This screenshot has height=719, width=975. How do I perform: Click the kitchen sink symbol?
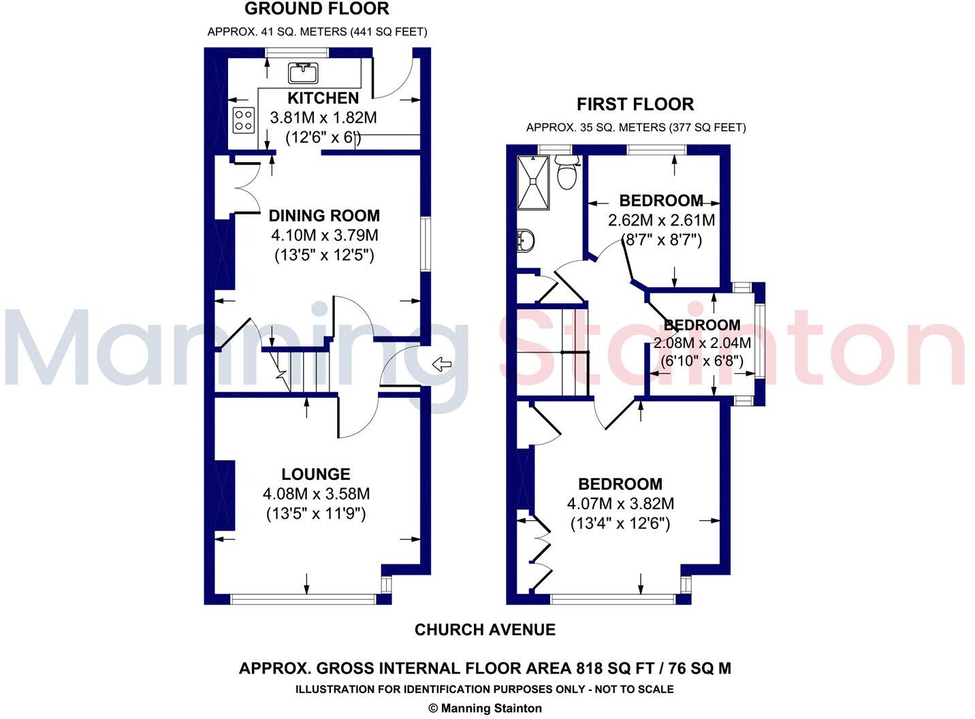304,71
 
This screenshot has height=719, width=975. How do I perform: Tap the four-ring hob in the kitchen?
243,121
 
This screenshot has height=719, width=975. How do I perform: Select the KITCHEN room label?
323,98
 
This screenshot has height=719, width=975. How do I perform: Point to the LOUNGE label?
316,475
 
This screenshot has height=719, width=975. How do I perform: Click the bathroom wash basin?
526,240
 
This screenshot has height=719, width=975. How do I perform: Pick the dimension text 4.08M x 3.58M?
316,494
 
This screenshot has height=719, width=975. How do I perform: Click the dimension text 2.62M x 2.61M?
661,221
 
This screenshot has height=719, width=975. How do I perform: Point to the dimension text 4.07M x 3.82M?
620,504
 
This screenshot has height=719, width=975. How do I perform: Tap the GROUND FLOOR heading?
317,9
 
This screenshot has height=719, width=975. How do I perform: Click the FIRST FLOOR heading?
635,104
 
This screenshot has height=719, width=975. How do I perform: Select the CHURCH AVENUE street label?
485,630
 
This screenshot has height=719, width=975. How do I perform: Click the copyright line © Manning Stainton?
485,708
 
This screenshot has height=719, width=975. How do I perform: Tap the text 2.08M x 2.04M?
702,343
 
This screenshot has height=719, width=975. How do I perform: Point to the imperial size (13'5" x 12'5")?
324,256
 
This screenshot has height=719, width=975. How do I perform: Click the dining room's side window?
426,244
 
